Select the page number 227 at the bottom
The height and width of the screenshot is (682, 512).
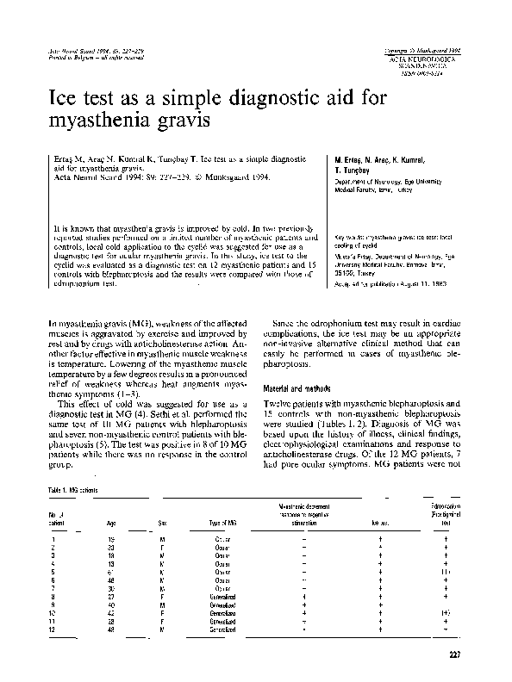pos(455,659)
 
